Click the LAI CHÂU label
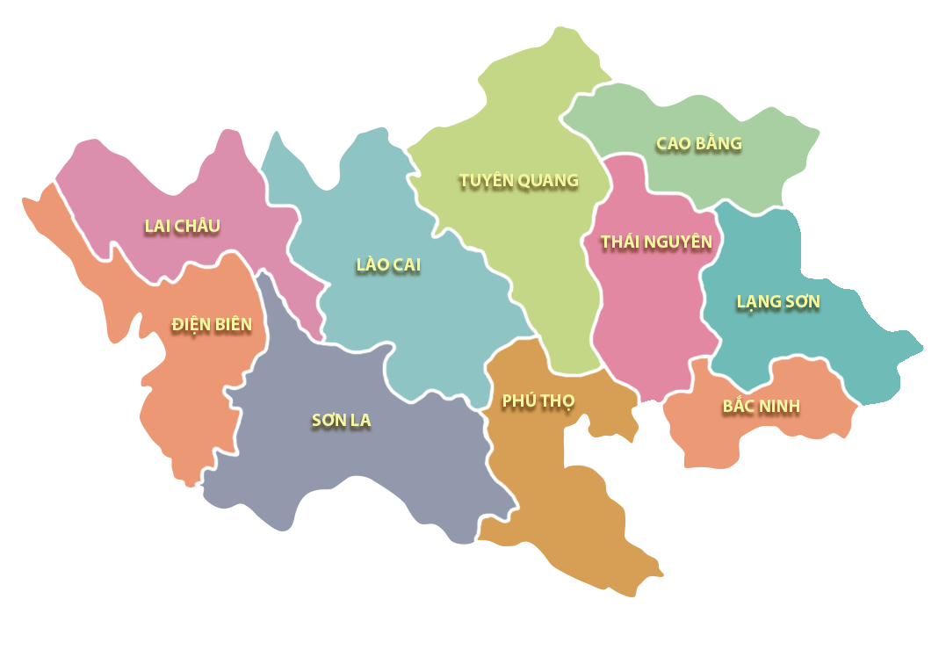click(182, 226)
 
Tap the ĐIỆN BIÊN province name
click(212, 325)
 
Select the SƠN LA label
click(341, 421)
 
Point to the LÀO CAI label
click(388, 265)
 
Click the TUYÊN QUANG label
click(518, 181)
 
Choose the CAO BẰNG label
click(698, 143)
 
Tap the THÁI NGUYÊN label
click(656, 242)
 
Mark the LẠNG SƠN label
click(777, 302)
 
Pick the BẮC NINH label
click(761, 407)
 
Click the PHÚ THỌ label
click(538, 401)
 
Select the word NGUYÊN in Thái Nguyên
click(679, 242)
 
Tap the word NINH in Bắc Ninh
click(780, 407)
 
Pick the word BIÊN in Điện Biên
click(232, 325)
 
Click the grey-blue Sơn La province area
click(369, 474)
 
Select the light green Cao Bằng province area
click(755, 176)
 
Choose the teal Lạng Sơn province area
click(843, 343)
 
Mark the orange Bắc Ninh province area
click(720, 439)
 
